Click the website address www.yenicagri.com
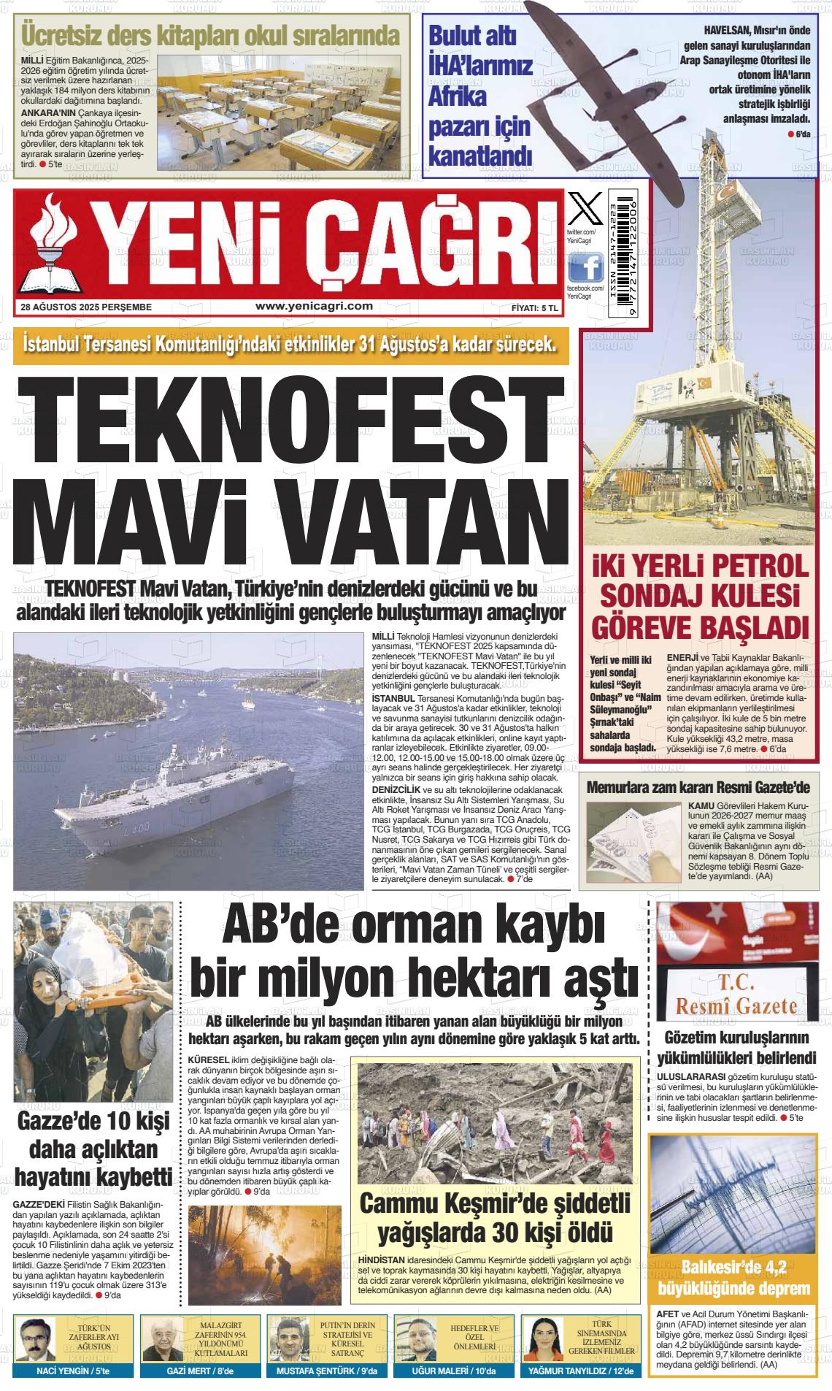314,307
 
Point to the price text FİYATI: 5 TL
534,308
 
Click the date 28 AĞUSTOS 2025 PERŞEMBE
86,307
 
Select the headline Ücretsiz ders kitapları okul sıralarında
210,34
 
